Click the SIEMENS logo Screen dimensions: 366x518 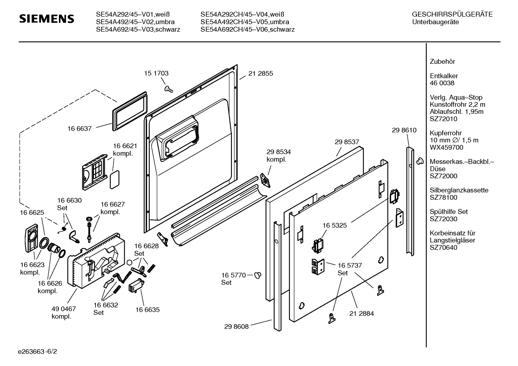(x=46, y=19)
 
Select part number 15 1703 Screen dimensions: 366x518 (x=156, y=73)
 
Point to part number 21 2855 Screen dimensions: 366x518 (x=260, y=74)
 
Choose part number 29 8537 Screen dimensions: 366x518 (x=347, y=142)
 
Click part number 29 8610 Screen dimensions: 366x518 (x=404, y=130)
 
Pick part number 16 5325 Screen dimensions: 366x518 (x=334, y=226)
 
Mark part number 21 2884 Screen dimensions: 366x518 (x=361, y=314)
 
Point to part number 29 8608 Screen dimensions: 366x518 (x=236, y=326)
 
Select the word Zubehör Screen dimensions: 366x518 (x=442, y=62)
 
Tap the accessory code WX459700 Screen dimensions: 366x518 (x=447, y=148)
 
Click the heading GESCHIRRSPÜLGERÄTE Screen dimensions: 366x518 (x=452, y=15)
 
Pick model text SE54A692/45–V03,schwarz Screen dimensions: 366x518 (x=138, y=29)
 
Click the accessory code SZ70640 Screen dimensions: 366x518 (x=443, y=247)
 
